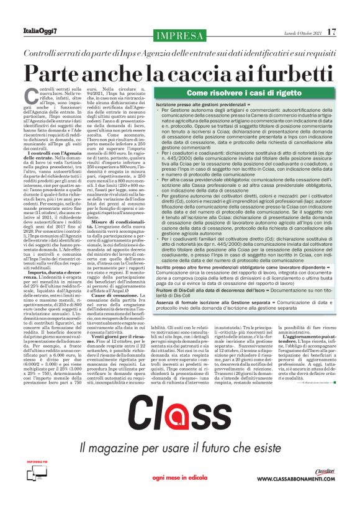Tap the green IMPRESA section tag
179,35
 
